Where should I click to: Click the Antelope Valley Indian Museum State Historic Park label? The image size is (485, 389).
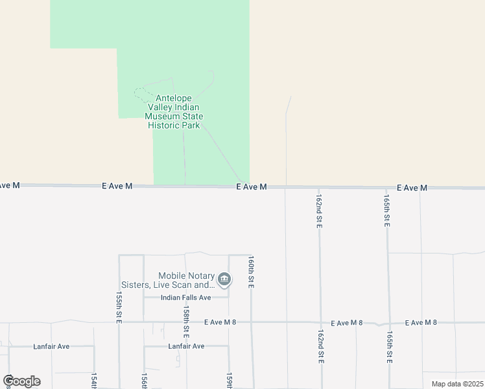(x=174, y=112)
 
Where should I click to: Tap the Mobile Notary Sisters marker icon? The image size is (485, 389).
(x=224, y=279)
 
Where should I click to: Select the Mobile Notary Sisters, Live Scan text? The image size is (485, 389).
(x=168, y=281)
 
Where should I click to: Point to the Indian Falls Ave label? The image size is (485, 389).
(x=177, y=298)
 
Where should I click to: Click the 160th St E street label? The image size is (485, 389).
(x=250, y=272)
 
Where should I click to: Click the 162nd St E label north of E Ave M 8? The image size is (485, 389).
(x=319, y=210)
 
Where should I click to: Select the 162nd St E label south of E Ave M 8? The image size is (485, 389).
(x=320, y=346)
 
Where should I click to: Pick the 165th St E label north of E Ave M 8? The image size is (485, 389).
(x=386, y=210)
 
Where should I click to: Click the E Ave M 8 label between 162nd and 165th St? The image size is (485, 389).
(x=347, y=323)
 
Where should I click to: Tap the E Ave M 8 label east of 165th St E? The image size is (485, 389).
(x=421, y=322)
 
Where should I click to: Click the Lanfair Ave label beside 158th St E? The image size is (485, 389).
(x=186, y=346)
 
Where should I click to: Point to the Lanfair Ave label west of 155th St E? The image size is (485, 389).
(x=51, y=347)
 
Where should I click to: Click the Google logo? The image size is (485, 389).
(x=21, y=381)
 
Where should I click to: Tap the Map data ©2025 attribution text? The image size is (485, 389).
(x=456, y=384)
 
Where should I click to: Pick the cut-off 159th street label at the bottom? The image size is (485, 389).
(x=229, y=381)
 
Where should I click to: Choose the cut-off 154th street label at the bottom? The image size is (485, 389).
(x=94, y=381)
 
